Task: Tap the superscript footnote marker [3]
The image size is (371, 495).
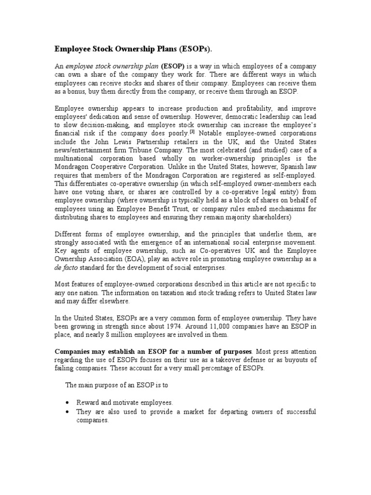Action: click(x=192, y=131)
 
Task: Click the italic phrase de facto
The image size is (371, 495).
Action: click(x=65, y=267)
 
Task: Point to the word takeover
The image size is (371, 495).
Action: click(x=225, y=360)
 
